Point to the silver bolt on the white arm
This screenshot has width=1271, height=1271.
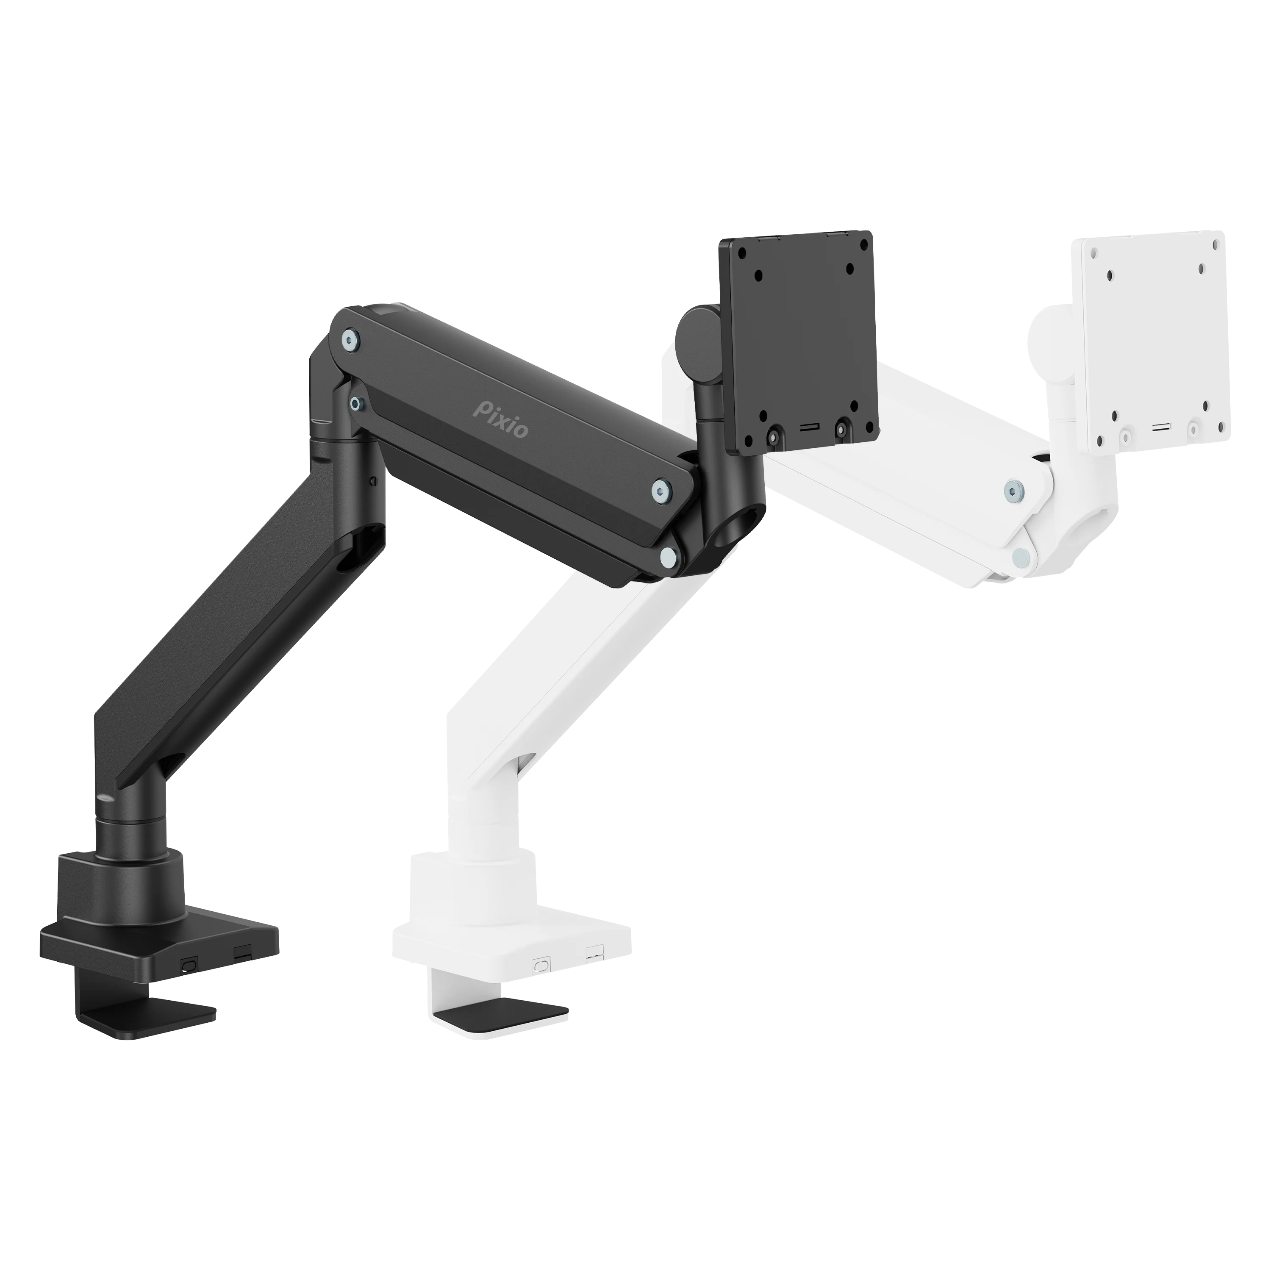(1014, 488)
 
